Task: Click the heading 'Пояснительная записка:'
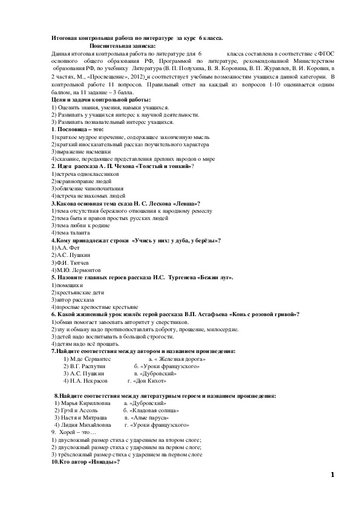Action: click(x=122, y=46)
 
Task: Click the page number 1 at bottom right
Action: click(x=332, y=474)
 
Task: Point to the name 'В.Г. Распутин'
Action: click(x=88, y=366)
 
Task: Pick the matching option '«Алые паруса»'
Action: click(x=147, y=418)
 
